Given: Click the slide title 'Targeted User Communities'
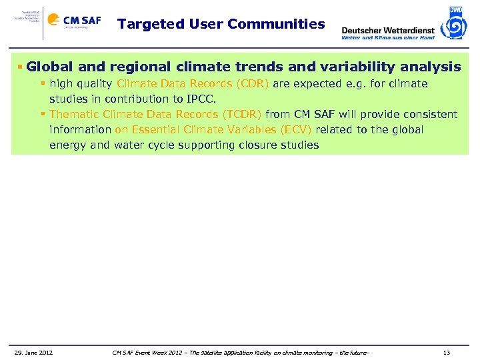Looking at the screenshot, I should click(221, 25).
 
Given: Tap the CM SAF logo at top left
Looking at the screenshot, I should click(74, 21).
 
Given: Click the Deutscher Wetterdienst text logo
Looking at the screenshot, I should click(387, 31).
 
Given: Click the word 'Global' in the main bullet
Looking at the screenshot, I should click(51, 67).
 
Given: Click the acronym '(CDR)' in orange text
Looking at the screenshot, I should click(253, 84).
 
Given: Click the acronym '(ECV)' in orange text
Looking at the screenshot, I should click(297, 129).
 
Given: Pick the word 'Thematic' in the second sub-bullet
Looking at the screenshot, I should click(75, 115).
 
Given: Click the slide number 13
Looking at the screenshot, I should click(446, 352).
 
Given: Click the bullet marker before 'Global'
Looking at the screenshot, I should click(21, 67).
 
